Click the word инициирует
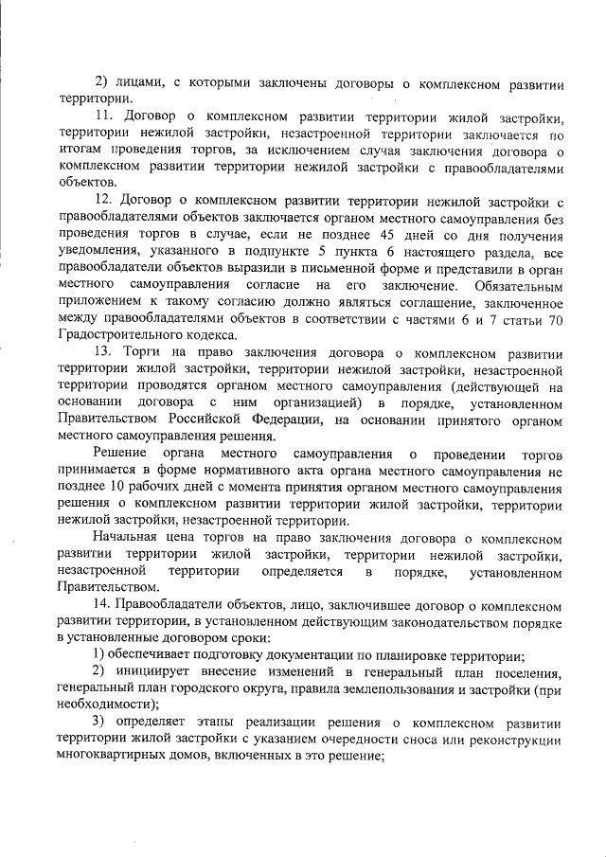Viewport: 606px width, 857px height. coord(156,671)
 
